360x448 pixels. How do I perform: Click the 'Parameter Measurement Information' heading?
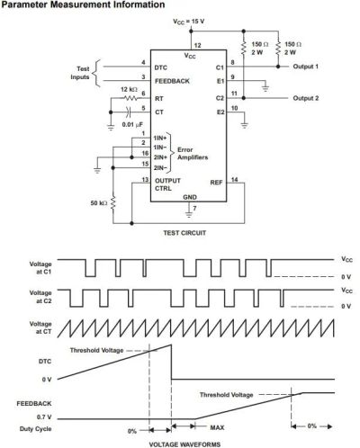point(83,4)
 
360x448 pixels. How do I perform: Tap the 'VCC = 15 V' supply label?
point(189,22)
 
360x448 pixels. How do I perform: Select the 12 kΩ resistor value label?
point(129,89)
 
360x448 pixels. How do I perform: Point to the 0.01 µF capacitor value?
point(132,124)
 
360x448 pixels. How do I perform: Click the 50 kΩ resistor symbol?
point(113,203)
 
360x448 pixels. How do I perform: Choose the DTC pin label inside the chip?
point(161,67)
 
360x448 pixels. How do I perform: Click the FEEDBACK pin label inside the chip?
point(172,81)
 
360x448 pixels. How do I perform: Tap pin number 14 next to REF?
point(235,179)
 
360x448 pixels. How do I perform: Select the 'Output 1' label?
point(306,67)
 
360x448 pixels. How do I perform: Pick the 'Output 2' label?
point(306,98)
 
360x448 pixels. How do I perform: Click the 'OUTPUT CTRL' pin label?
point(167,184)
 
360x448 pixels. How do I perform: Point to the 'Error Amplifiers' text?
point(193,154)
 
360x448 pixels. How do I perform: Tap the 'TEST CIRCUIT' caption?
point(184,233)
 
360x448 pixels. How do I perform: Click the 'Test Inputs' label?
point(80,73)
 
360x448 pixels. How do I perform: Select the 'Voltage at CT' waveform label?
point(40,327)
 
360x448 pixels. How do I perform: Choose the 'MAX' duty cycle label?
point(217,427)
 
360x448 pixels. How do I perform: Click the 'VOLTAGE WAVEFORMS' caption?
point(184,444)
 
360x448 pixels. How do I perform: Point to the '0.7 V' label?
point(44,417)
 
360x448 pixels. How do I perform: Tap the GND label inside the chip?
point(190,197)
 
